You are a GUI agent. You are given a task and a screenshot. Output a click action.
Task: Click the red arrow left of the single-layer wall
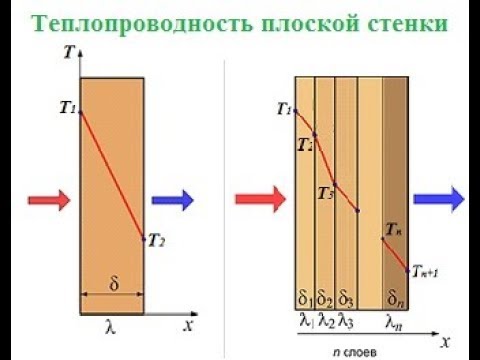coord(49,199)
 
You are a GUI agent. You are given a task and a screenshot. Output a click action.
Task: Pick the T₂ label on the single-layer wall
coord(156,239)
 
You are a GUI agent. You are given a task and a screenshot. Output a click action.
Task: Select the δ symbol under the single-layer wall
coord(113,284)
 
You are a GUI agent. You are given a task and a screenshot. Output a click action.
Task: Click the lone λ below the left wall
coord(111,324)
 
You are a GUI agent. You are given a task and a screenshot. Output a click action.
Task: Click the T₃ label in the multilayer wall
coord(325,193)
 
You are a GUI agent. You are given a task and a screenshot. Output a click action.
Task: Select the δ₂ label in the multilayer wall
coord(325,298)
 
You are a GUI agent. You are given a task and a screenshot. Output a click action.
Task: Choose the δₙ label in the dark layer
coord(394,298)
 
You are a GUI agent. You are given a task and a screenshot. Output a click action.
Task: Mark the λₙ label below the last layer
coord(394,321)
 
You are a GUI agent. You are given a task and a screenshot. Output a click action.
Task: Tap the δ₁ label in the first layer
coord(305,298)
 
